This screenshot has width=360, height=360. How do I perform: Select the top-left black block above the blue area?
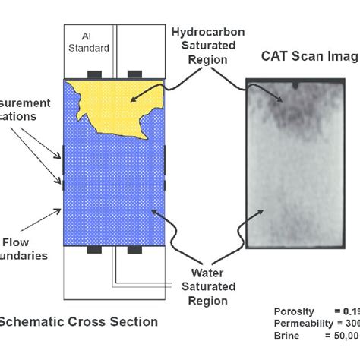point(96,74)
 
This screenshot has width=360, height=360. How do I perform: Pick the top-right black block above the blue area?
point(135,74)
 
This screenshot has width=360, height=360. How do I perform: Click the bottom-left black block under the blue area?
point(96,249)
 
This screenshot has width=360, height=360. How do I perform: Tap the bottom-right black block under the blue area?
point(135,249)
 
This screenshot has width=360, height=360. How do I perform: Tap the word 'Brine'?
point(286,333)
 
